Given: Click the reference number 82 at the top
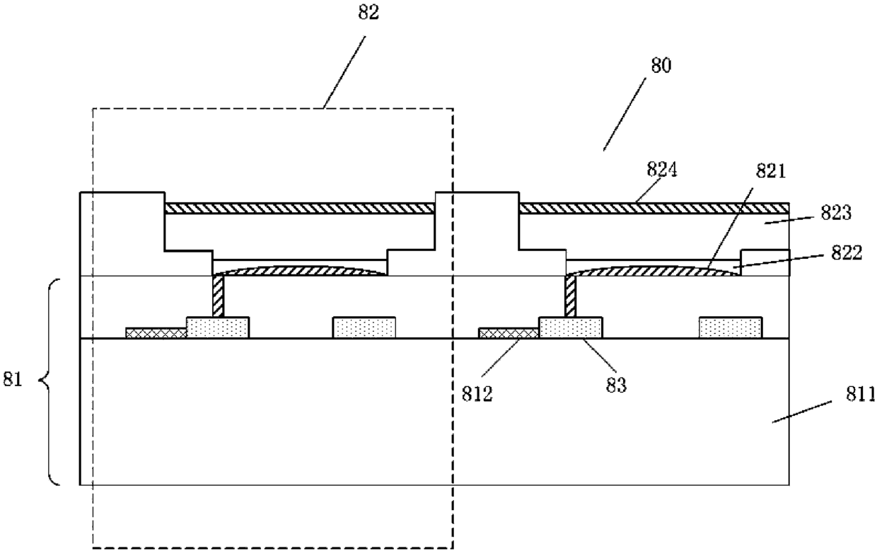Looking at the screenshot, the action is (x=368, y=13).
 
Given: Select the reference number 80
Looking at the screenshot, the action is (x=661, y=65).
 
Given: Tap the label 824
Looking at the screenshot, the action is (x=662, y=170).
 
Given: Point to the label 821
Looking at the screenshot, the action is (x=771, y=172).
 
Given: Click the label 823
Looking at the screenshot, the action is (x=836, y=213).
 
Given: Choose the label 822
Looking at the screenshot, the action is (x=847, y=253).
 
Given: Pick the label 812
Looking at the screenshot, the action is (x=477, y=393).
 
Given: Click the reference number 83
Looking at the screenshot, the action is (x=616, y=385).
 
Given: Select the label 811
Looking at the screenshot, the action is (x=861, y=393).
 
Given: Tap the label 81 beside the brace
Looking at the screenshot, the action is (x=13, y=379).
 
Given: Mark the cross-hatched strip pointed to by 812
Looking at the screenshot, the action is (x=509, y=333).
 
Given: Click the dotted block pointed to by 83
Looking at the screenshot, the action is (x=571, y=327).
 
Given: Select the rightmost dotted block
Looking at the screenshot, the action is (x=731, y=327).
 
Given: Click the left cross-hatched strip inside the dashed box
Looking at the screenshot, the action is (x=156, y=333).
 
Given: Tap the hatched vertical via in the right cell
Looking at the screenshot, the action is (x=571, y=296).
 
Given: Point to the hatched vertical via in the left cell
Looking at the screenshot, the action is (x=218, y=296).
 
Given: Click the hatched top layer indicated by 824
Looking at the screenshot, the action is (x=654, y=208).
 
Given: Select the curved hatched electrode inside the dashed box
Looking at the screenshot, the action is (x=300, y=271).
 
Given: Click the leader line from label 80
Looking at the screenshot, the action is (x=625, y=114).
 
